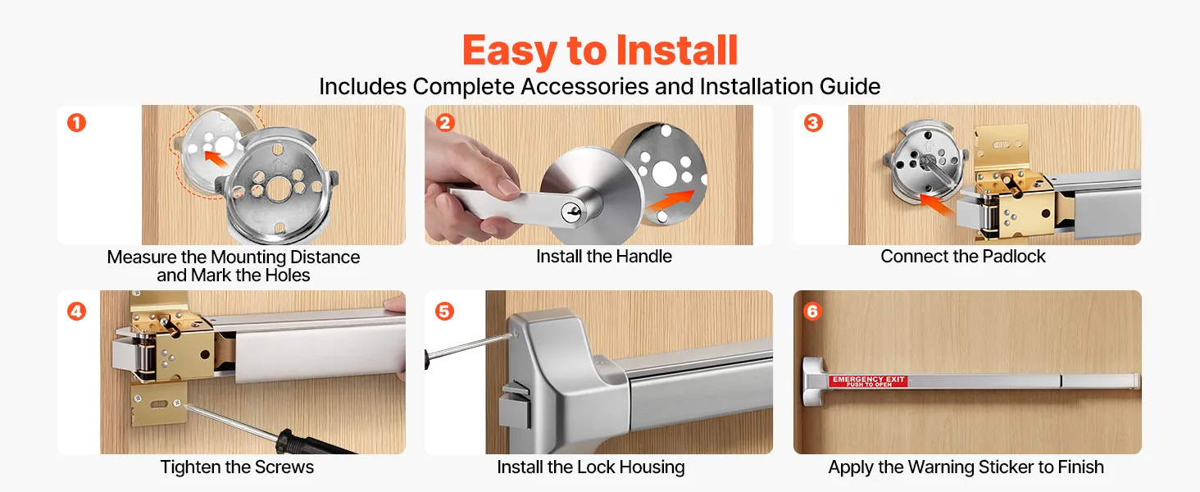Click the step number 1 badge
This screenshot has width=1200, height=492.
[76, 123]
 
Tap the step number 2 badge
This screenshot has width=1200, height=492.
[445, 123]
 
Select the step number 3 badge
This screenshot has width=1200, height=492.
[813, 123]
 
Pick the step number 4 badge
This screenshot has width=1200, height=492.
[76, 312]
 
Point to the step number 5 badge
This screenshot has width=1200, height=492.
[444, 312]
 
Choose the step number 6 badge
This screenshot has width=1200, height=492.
[812, 312]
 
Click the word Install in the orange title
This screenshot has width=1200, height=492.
[677, 50]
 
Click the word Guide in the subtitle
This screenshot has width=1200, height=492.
[850, 87]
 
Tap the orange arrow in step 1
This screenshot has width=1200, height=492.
[216, 158]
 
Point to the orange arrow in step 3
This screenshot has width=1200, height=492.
[936, 205]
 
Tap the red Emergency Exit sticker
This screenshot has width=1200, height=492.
[868, 381]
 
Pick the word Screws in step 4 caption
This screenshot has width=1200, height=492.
[284, 467]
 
